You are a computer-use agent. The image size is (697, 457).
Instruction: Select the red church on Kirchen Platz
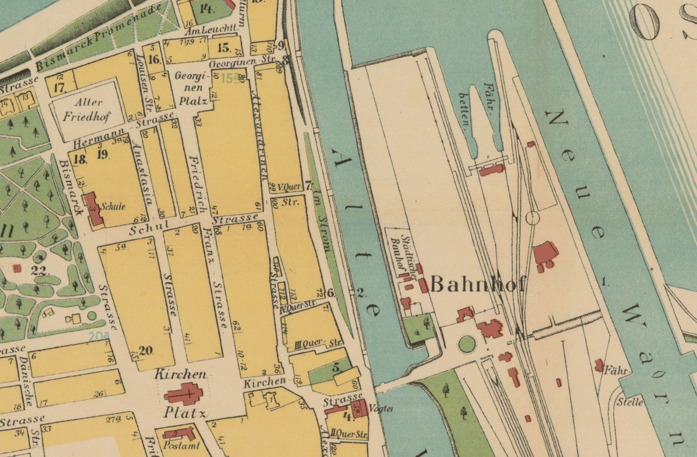(183, 393)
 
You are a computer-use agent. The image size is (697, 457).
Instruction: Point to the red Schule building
(93, 209)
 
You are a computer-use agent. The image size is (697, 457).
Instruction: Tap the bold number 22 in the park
(40, 272)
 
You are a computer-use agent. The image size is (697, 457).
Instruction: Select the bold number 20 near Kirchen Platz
(145, 351)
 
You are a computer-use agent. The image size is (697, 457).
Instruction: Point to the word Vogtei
(380, 409)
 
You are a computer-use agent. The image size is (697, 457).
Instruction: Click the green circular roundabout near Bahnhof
(467, 344)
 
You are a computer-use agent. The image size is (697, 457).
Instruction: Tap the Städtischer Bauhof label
(398, 253)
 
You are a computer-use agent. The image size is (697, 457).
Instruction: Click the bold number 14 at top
(206, 9)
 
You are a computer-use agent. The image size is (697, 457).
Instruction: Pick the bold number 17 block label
(59, 87)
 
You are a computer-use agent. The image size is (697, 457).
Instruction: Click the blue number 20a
(99, 336)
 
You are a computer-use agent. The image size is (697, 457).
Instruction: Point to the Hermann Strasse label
(122, 132)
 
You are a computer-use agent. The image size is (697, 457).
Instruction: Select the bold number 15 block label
(223, 48)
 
